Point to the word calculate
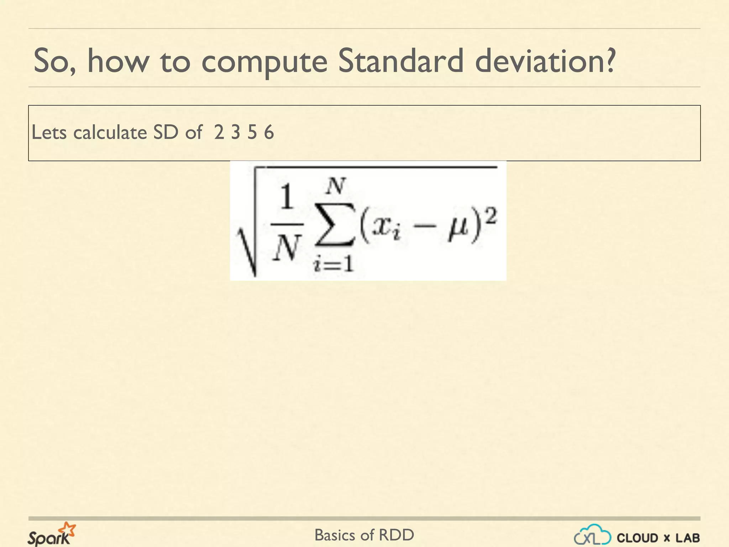[110, 132]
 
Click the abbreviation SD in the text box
[166, 132]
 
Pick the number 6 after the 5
[269, 132]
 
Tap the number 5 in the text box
[252, 132]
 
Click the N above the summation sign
[336, 186]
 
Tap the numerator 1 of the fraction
[287, 198]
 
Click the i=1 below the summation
[333, 265]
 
